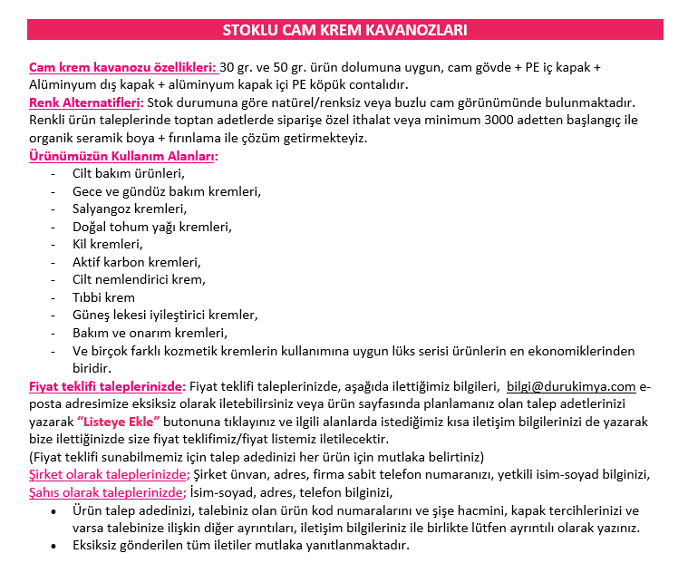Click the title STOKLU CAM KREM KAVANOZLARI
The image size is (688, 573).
pyautogui.click(x=344, y=31)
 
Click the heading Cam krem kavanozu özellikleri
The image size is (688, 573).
pyautogui.click(x=122, y=68)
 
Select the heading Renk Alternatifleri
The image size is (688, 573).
pyautogui.click(x=86, y=103)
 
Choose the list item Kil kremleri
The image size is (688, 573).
pyautogui.click(x=108, y=244)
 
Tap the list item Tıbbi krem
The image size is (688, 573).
pyautogui.click(x=103, y=297)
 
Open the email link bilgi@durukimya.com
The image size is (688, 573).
pyautogui.click(x=571, y=386)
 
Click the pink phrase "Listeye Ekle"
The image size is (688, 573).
pyautogui.click(x=119, y=422)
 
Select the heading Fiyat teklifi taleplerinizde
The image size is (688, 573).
pyautogui.click(x=107, y=386)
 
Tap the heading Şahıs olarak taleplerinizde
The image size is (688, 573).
pyautogui.click(x=107, y=492)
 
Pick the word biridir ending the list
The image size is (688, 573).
pyautogui.click(x=92, y=368)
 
